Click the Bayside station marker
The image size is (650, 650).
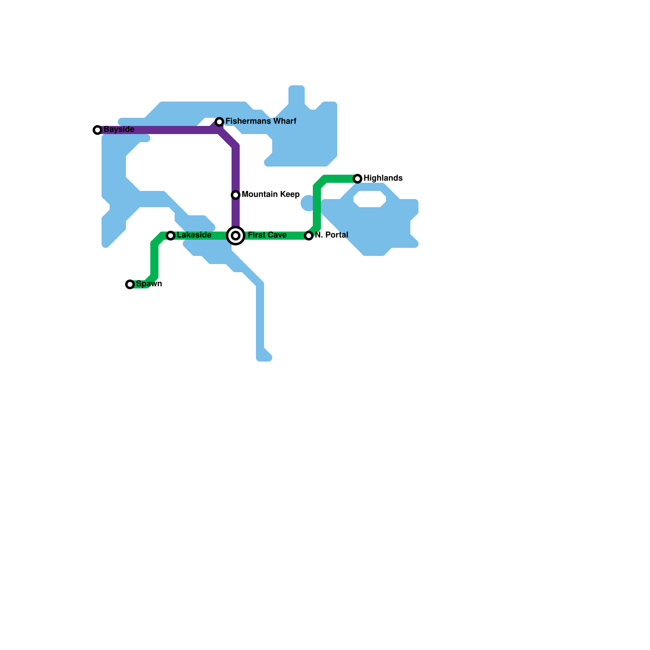(x=97, y=130)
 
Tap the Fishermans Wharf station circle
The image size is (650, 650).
(x=219, y=122)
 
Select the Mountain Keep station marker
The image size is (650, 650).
(x=236, y=195)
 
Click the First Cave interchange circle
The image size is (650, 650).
(x=236, y=236)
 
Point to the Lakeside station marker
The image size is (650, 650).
(x=171, y=236)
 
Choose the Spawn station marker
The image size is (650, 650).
(x=130, y=284)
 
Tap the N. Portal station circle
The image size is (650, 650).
(x=309, y=236)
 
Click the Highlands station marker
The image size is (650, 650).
(x=357, y=179)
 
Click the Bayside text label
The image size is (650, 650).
(x=119, y=130)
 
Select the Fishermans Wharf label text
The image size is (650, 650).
(x=261, y=121)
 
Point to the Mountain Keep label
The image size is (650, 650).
(x=271, y=195)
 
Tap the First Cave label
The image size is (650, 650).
(x=267, y=235)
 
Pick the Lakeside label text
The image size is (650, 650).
(x=194, y=235)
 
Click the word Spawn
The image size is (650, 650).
(x=149, y=284)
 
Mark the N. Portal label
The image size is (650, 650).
(x=331, y=235)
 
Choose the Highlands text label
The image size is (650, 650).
(x=383, y=178)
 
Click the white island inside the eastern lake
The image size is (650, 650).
(x=370, y=199)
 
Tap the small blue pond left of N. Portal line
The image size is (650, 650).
(x=308, y=203)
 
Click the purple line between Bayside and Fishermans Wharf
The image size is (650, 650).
(x=158, y=130)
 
